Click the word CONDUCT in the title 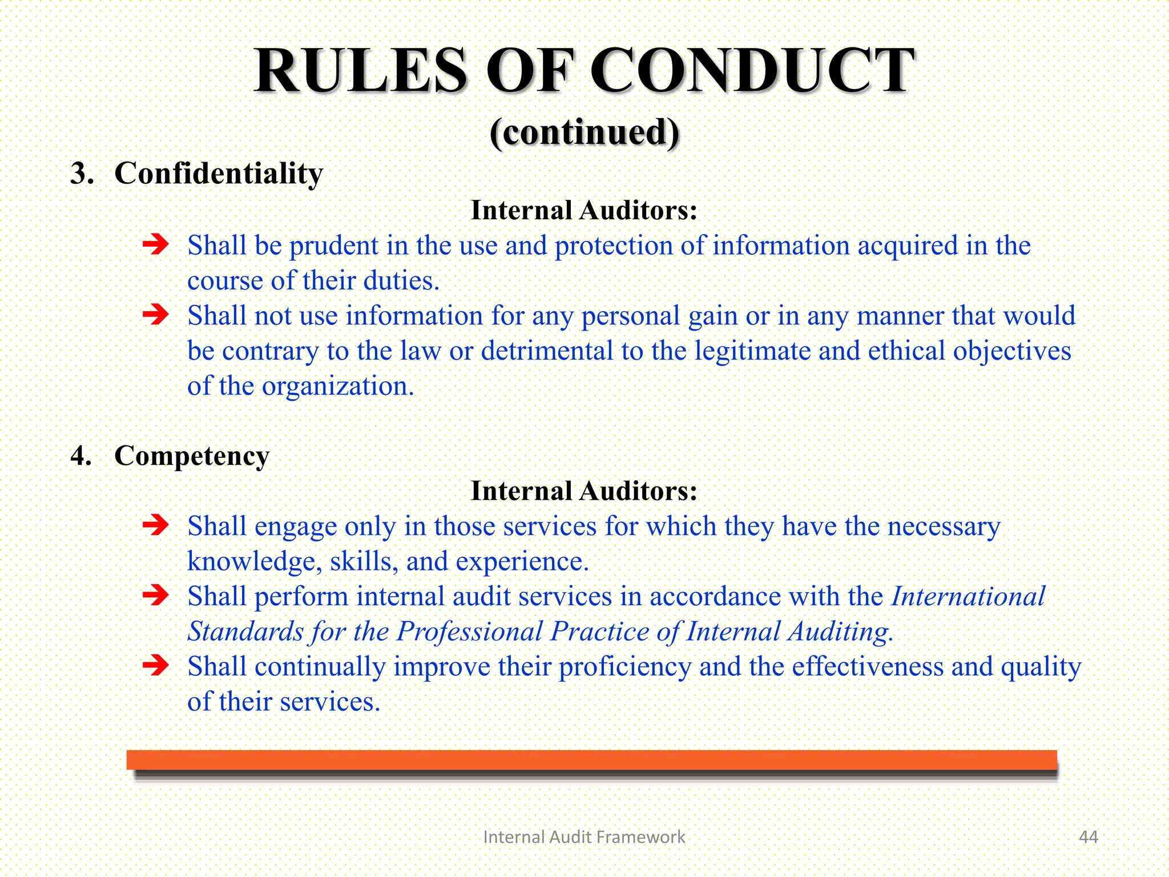point(752,71)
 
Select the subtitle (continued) point(584,132)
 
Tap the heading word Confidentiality point(219,174)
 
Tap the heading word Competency point(192,456)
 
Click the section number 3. point(81,174)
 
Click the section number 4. point(81,456)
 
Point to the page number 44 point(1088,837)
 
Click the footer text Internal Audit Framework point(584,837)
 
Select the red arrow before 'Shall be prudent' point(156,245)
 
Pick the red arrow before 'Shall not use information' point(156,315)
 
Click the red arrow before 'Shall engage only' point(156,525)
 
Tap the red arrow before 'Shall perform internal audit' point(156,596)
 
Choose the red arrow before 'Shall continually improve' point(156,666)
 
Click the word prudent point(333,246)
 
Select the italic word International point(968,597)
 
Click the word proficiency point(624,667)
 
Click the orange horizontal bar point(591,759)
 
